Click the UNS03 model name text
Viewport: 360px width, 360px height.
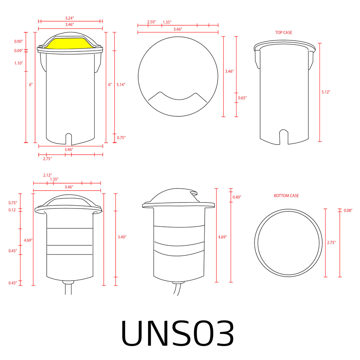(178, 333)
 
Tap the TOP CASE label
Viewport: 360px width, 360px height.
(284, 33)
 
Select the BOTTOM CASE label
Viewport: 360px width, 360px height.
(286, 195)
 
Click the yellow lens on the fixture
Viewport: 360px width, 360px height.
(70, 43)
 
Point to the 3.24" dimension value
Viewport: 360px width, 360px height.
(70, 18)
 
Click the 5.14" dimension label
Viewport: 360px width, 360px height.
(121, 84)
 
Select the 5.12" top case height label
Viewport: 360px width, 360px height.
(326, 92)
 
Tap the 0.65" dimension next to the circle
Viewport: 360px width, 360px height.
(242, 98)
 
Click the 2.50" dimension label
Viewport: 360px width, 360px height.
(152, 22)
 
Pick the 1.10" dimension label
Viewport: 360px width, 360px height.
(19, 63)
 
